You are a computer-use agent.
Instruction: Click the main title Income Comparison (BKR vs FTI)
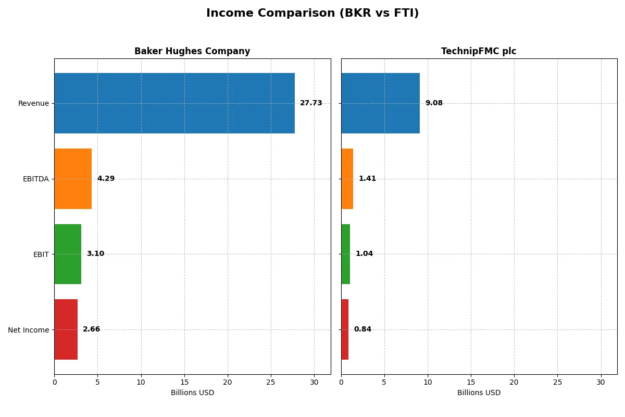tap(312, 13)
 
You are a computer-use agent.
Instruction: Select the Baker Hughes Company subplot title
tap(192, 51)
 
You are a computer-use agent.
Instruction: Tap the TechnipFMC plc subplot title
tap(479, 51)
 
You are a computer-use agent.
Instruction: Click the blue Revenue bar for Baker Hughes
tap(174, 103)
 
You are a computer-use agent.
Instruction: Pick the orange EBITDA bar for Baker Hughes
tap(73, 179)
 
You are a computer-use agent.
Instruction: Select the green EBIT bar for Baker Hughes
tap(68, 254)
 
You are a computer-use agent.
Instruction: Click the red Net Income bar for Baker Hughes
tap(66, 329)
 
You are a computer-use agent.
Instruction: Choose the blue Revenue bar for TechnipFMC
tap(380, 103)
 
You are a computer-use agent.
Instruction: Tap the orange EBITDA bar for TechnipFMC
tap(347, 179)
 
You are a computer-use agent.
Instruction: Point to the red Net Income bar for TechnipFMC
tap(345, 329)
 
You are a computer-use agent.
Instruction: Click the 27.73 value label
tap(311, 103)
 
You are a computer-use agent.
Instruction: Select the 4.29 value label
tap(106, 179)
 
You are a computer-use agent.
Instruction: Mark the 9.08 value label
tap(434, 103)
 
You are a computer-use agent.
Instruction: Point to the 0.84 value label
tap(362, 329)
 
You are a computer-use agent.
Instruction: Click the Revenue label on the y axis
tap(33, 103)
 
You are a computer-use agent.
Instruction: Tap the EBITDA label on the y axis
tap(35, 179)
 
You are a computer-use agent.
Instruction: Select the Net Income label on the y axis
tap(28, 329)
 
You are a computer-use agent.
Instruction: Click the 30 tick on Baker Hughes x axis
tap(314, 382)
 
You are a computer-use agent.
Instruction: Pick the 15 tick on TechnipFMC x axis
tap(471, 382)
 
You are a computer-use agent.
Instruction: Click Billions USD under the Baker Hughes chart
tap(192, 393)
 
